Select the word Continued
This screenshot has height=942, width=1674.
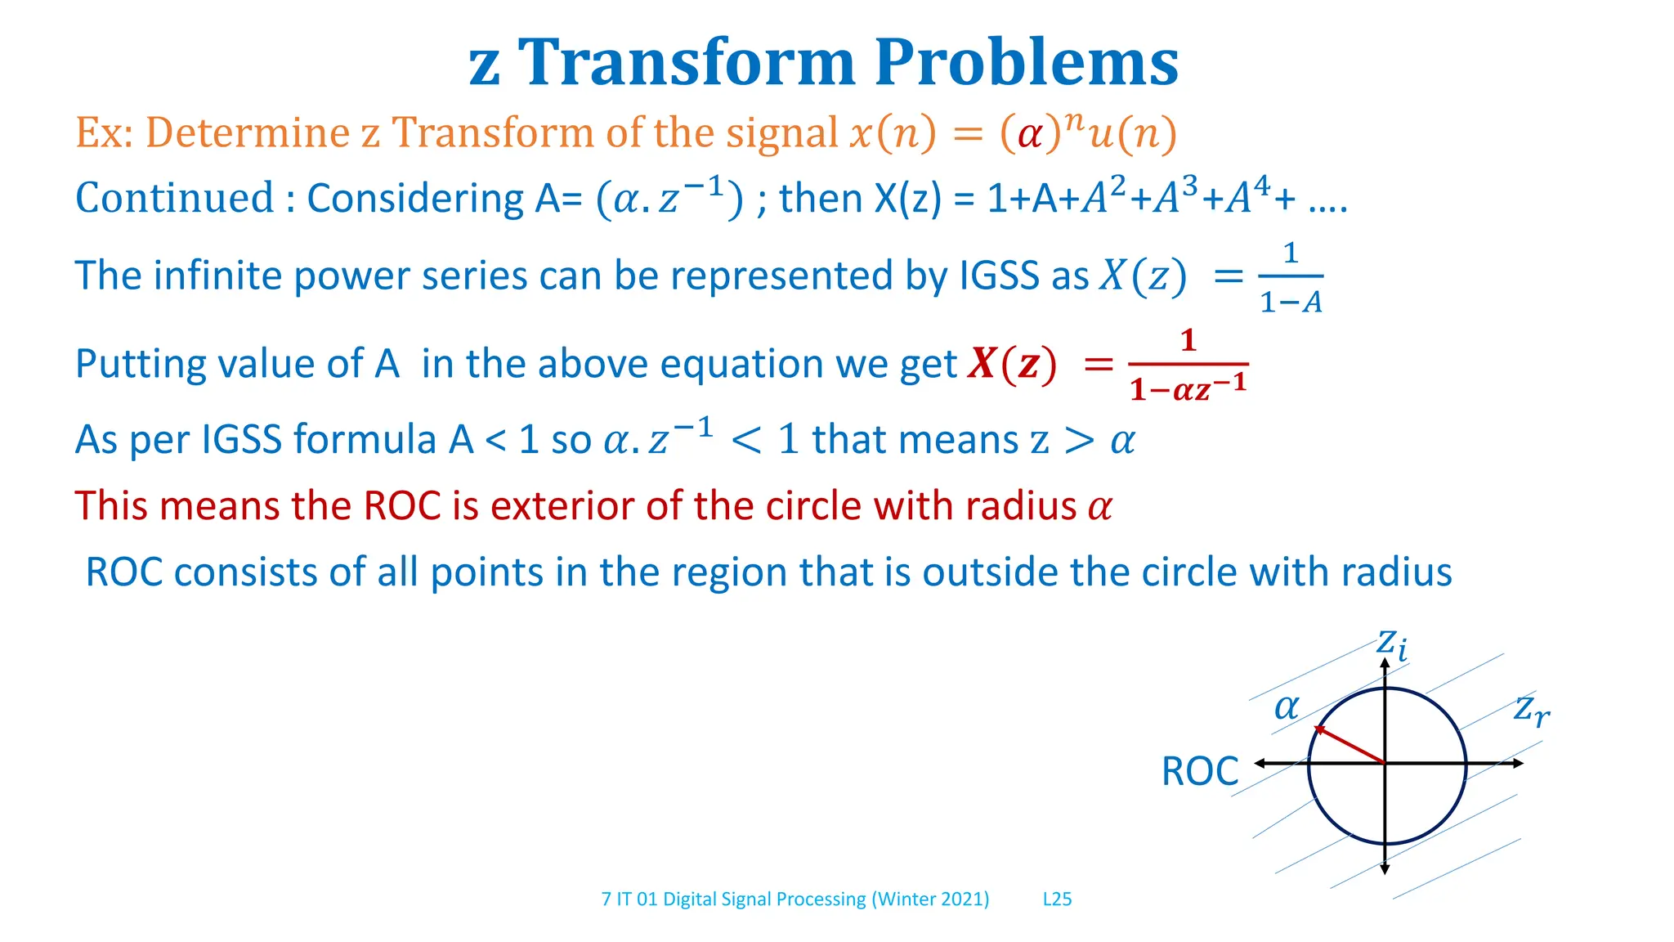174,198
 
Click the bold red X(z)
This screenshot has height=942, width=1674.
1012,364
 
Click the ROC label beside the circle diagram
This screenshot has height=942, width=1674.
1199,771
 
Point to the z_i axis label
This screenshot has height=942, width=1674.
1391,644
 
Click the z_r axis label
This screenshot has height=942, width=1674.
1531,709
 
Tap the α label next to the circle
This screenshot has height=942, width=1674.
1287,706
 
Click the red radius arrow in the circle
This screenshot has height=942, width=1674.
1349,744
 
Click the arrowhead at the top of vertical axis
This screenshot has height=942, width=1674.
1385,663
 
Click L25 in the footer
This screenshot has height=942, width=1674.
1057,899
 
